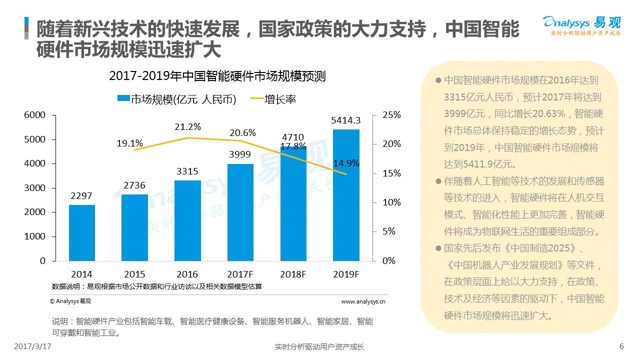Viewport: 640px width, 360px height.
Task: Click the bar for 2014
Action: pyautogui.click(x=82, y=232)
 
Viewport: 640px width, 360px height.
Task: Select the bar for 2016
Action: pyautogui.click(x=187, y=220)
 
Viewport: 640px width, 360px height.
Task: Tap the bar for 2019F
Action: pyautogui.click(x=346, y=195)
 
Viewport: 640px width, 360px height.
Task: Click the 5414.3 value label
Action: pyautogui.click(x=345, y=120)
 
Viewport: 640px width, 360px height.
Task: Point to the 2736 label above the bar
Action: pyautogui.click(x=134, y=185)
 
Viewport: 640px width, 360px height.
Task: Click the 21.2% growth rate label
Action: pyautogui.click(x=187, y=127)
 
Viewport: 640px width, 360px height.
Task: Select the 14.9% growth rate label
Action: pyautogui.click(x=346, y=163)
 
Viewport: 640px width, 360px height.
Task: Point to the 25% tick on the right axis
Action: pyautogui.click(x=391, y=115)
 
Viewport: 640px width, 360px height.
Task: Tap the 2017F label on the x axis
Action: pyautogui.click(x=240, y=274)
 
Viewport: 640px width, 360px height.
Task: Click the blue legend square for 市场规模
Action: pyautogui.click(x=123, y=98)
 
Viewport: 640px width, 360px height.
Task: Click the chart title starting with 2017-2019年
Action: pyautogui.click(x=217, y=76)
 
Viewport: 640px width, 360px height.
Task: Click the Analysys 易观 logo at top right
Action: pyautogui.click(x=581, y=25)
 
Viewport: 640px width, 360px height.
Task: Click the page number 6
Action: pyautogui.click(x=621, y=346)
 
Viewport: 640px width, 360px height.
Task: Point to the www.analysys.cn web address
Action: pyautogui.click(x=363, y=301)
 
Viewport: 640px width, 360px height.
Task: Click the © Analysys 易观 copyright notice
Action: pyautogui.click(x=70, y=301)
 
